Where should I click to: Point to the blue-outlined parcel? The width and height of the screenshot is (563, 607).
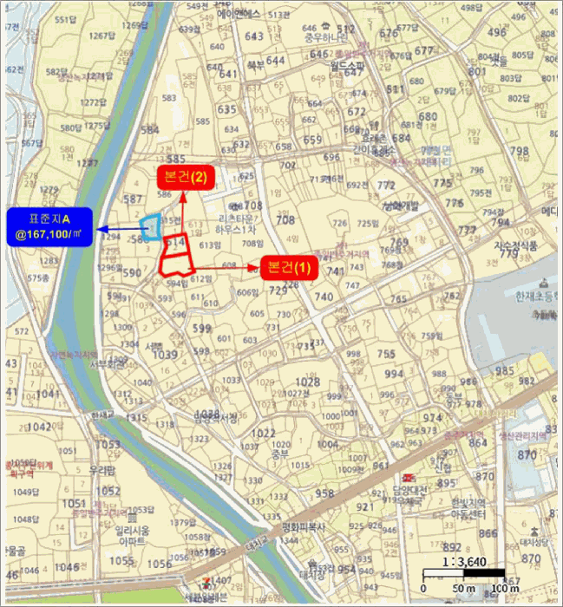(152, 227)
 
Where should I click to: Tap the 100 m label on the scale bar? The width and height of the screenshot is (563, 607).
(505, 591)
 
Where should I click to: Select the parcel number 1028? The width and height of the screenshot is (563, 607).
(307, 382)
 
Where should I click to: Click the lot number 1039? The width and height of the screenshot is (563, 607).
(163, 355)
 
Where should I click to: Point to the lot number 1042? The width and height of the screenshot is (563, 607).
(40, 428)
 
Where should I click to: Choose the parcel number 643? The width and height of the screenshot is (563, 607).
(254, 36)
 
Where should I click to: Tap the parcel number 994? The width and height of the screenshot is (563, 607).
(395, 374)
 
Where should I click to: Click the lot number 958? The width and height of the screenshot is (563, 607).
(324, 493)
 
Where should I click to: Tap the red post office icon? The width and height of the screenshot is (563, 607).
(406, 477)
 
